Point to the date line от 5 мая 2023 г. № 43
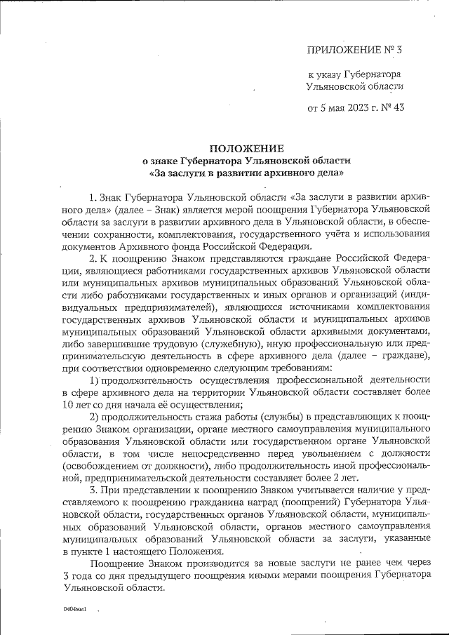pyautogui.click(x=356, y=108)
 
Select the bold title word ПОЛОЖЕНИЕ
pyautogui.click(x=248, y=148)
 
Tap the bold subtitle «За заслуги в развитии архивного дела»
pyautogui.click(x=248, y=172)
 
